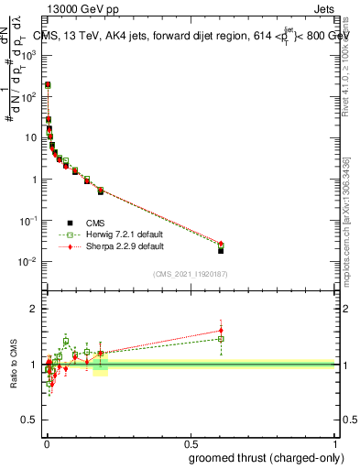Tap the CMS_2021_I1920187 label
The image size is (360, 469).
click(190, 273)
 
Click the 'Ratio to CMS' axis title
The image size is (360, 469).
click(14, 362)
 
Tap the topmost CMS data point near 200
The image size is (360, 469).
click(48, 84)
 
